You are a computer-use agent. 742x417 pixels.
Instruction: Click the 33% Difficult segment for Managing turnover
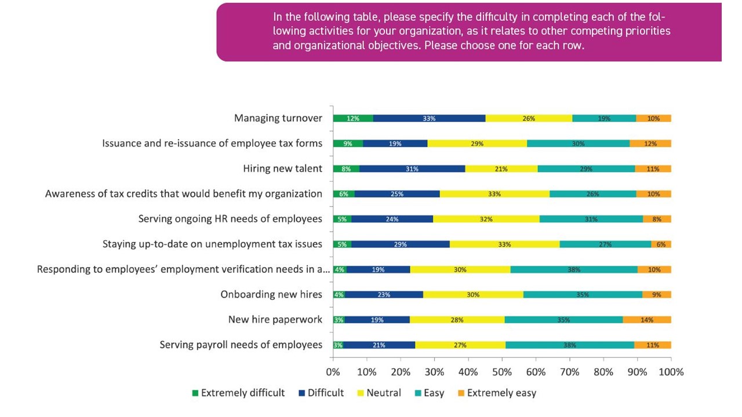pos(430,118)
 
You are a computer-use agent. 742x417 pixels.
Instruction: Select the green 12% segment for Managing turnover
pos(353,118)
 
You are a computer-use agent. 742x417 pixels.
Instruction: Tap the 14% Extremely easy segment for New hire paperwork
pos(650,320)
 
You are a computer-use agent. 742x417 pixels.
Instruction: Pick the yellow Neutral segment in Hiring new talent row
pos(501,169)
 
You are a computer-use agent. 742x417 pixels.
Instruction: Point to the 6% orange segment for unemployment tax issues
pos(661,244)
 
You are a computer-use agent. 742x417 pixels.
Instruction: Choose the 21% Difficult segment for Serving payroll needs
pos(380,345)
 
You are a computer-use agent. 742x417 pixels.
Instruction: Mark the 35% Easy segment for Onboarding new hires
pos(583,295)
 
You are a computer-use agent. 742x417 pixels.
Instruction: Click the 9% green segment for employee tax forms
pos(348,144)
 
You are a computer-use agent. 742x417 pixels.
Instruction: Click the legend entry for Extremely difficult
pos(238,393)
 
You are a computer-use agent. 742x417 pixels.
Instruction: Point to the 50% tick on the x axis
pos(502,372)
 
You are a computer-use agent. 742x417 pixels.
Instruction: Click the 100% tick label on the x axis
pos(671,372)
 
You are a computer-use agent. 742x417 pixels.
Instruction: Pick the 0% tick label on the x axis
pos(333,372)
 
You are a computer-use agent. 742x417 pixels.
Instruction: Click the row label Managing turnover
pos(278,118)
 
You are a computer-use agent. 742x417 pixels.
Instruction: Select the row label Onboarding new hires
pos(271,295)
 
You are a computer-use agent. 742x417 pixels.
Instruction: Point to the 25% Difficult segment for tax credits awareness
pos(397,194)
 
